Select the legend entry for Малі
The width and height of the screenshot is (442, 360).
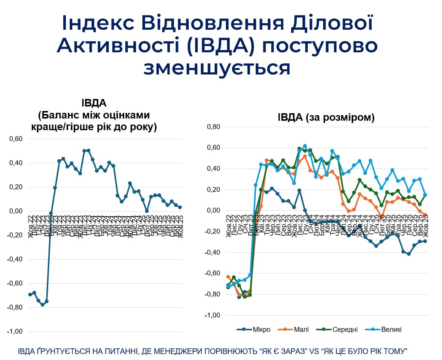(296, 330)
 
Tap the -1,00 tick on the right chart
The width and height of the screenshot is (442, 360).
(212, 315)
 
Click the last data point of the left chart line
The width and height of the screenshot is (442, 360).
(180, 207)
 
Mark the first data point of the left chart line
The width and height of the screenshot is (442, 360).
(30, 295)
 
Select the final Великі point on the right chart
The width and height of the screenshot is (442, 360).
(425, 195)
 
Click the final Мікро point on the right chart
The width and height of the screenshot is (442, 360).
(425, 241)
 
